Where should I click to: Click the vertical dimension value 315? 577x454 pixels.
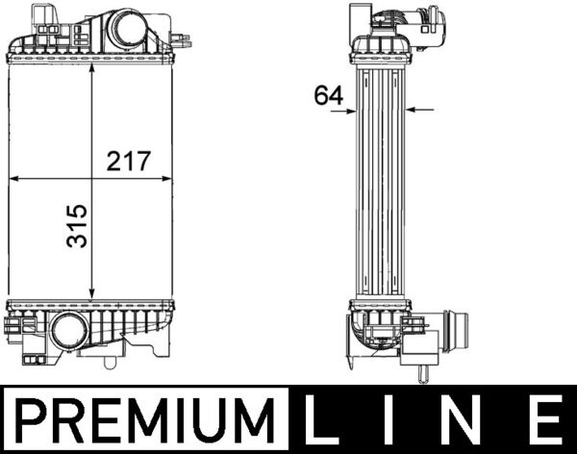point(76,225)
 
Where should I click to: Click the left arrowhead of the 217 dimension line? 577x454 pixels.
point(13,179)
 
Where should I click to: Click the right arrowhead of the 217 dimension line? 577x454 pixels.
point(171,179)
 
